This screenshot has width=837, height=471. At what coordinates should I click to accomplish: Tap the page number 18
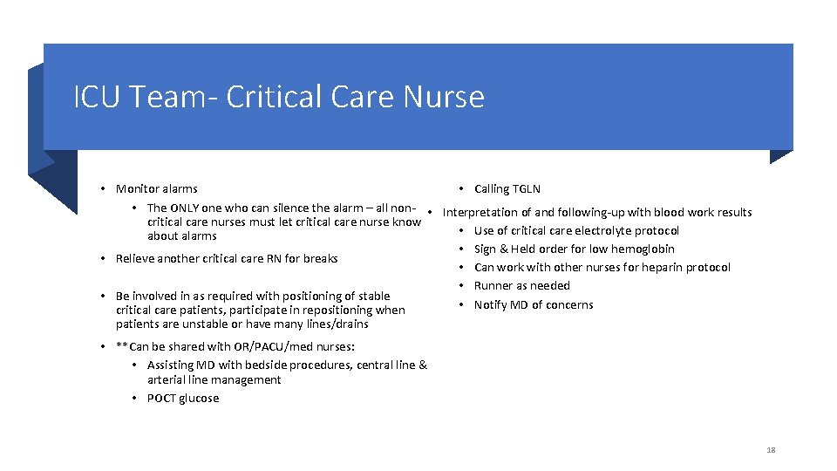[x=771, y=450]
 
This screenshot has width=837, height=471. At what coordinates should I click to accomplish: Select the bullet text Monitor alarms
[x=156, y=188]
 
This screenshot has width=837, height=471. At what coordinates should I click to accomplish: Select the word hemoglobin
[x=643, y=249]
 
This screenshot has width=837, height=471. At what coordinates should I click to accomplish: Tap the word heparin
[x=659, y=267]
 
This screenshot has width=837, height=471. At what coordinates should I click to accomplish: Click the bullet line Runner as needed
[x=521, y=285]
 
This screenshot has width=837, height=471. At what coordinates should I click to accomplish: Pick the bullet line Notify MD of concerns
[x=533, y=304]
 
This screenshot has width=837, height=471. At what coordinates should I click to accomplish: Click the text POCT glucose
[x=183, y=398]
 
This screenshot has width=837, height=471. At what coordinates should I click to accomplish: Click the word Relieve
[x=135, y=258]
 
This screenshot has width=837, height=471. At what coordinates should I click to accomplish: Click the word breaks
[x=321, y=258]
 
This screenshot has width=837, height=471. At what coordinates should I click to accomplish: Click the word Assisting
[x=172, y=365]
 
